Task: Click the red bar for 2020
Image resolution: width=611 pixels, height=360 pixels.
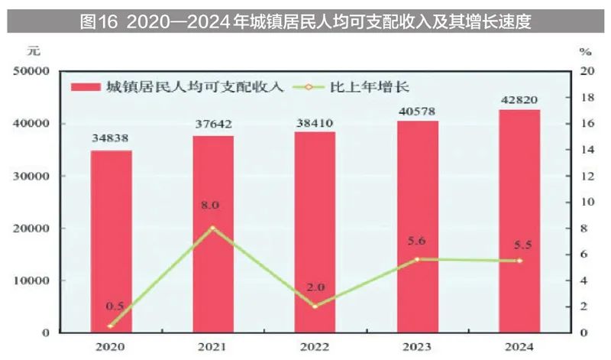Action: coord(111,241)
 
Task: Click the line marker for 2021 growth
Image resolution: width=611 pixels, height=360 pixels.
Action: coord(212,228)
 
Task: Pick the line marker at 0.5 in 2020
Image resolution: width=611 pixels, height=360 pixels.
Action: coord(111,326)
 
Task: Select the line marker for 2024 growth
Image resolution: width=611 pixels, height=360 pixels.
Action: coord(519,261)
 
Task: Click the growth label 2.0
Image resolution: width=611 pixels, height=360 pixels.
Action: coord(315,287)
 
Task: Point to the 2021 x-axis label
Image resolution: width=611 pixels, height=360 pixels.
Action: coord(212,346)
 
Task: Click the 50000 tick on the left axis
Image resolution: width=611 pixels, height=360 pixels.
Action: coord(31,71)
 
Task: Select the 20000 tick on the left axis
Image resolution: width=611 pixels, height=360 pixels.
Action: coord(31,228)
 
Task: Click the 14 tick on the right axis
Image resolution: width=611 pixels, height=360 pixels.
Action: coord(586,150)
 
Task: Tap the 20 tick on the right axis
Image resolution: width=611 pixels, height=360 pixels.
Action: coord(586,71)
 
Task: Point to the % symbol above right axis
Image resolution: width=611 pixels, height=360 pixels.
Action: coord(585,52)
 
